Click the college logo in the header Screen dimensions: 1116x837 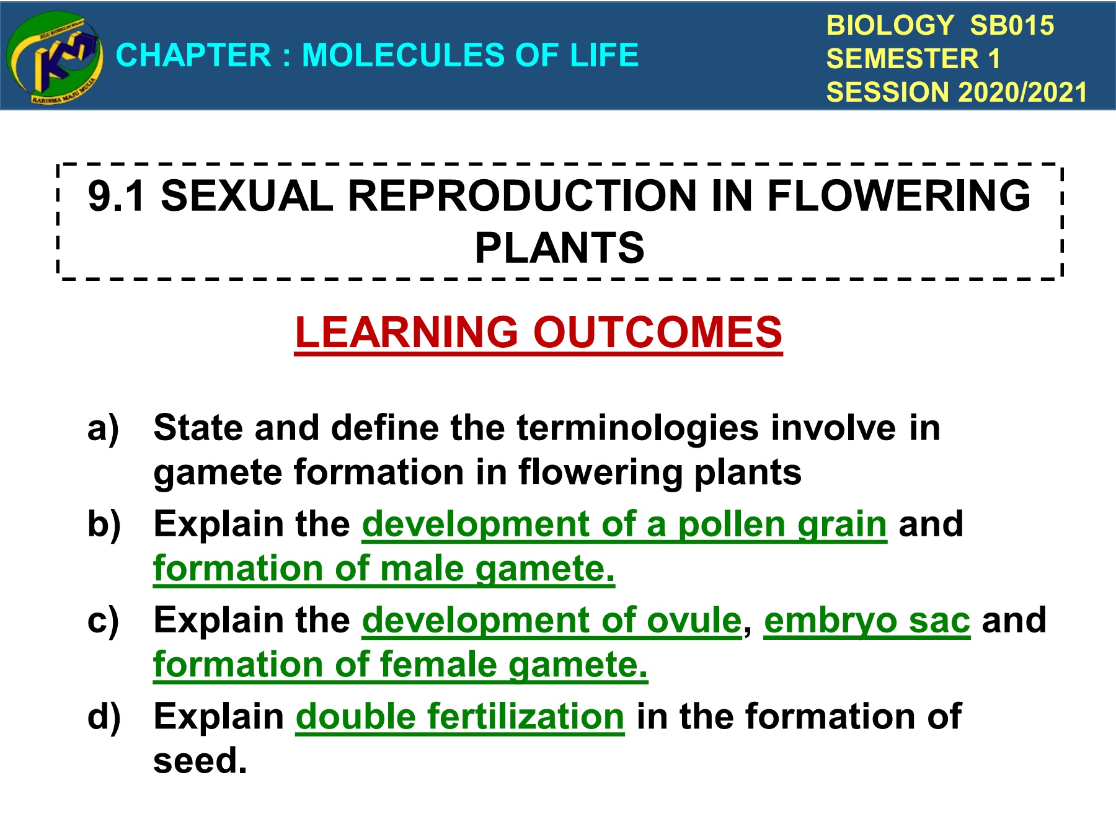coord(55,58)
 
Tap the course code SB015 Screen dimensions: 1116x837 coord(1011,25)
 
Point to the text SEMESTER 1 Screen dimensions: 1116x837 coord(913,59)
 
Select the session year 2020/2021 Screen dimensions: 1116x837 coord(1023,92)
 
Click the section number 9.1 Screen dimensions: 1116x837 coord(116,196)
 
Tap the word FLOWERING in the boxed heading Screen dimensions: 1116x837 coord(899,196)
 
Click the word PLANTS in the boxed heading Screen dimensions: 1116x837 coord(559,248)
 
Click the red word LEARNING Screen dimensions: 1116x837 coord(406,332)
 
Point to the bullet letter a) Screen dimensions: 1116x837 coord(104,428)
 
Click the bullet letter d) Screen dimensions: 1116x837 coord(104,717)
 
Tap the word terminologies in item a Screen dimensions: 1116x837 coord(637,428)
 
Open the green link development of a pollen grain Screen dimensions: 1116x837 coord(624,525)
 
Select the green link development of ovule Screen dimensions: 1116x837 coord(552,620)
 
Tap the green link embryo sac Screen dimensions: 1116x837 coord(867,621)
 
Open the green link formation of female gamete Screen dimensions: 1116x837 coord(401,665)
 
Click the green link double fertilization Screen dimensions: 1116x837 coord(460,717)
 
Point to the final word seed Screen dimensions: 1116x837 coord(200,761)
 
